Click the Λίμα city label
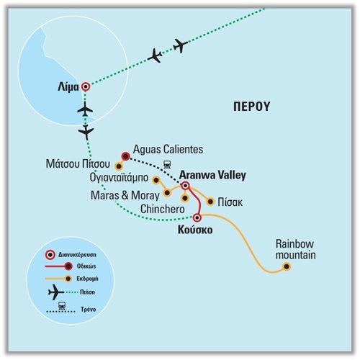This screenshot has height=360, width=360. click(68, 87)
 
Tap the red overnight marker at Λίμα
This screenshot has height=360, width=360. click(86, 86)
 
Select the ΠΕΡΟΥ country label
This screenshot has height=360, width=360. click(252, 107)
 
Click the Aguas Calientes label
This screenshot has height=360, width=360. click(168, 149)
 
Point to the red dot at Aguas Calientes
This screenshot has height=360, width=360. click(125, 156)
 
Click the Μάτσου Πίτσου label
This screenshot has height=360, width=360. click(78, 163)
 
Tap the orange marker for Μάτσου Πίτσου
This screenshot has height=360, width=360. click(118, 166)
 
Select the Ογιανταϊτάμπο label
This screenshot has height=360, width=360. click(119, 178)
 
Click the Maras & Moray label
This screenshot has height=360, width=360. click(125, 195)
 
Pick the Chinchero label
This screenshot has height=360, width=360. click(163, 209)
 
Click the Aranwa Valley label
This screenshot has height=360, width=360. click(212, 175)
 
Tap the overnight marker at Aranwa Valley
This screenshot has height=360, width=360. click(185, 186)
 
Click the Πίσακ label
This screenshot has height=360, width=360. click(230, 202)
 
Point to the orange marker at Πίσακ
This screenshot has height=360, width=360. click(210, 202)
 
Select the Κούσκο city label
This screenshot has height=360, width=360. click(195, 230)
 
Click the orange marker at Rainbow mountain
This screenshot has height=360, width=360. click(287, 266)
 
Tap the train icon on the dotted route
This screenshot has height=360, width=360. click(167, 164)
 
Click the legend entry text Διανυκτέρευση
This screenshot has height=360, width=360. click(77, 254)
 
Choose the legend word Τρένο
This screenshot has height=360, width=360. click(89, 310)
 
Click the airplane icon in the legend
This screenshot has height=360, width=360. click(56, 292)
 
